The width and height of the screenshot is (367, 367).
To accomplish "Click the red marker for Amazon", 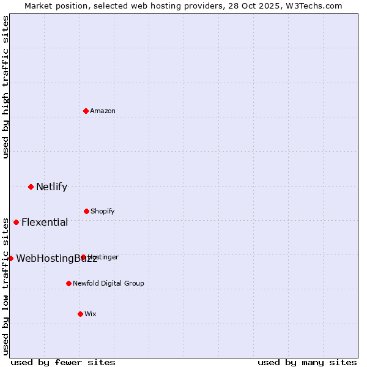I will [86, 111].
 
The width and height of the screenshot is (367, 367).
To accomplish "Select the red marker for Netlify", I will [31, 187].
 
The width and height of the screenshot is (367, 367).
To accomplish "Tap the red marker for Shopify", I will [86, 211].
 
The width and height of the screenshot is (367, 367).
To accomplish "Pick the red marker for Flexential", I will [16, 222].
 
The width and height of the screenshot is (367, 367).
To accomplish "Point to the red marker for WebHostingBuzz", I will [10, 258].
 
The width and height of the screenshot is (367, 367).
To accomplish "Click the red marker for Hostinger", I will [83, 258].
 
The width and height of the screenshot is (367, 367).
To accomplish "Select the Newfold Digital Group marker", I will [69, 283].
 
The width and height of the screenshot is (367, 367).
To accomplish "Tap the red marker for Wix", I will [80, 314].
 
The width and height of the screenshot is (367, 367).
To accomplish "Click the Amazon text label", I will [103, 111].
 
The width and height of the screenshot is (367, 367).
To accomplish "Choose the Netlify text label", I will [51, 187].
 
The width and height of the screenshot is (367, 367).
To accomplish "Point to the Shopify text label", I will [103, 211].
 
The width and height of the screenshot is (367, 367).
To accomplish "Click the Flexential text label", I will [45, 222].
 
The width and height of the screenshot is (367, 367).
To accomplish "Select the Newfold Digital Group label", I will [108, 283].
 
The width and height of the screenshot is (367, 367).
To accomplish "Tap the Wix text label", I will [91, 314].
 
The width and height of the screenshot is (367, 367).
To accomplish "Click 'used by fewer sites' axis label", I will [63, 362].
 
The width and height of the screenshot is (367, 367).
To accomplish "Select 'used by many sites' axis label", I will [307, 362].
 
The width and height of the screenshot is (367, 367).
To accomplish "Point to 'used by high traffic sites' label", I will [6, 87].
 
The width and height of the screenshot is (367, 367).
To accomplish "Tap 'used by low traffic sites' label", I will [6, 286].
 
